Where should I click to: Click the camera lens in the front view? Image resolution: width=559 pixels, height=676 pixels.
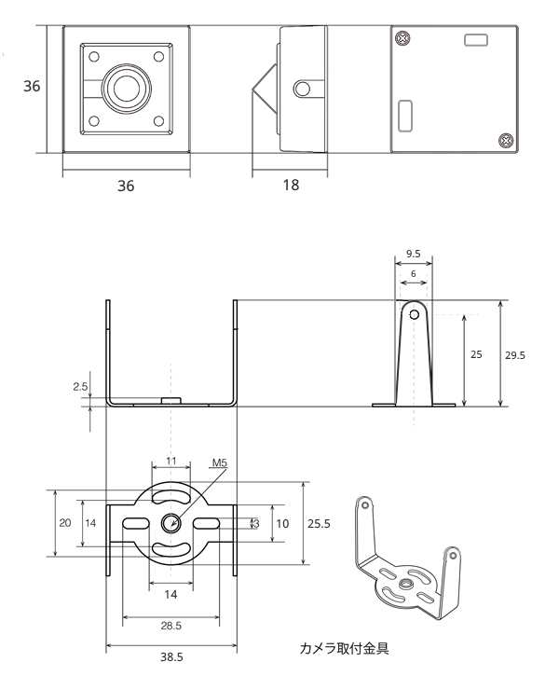click(x=125, y=88)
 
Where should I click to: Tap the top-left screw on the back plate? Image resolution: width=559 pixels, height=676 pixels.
click(x=402, y=38)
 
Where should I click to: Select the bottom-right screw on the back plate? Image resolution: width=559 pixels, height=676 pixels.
click(x=506, y=141)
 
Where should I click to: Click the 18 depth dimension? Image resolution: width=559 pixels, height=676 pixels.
click(x=291, y=185)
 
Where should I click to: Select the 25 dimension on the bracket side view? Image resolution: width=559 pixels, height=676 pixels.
click(x=475, y=354)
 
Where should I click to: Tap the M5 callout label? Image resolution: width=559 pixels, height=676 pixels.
click(x=220, y=462)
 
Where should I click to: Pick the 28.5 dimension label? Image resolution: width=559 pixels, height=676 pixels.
click(x=170, y=624)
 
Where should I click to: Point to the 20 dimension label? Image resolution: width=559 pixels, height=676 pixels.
click(x=65, y=523)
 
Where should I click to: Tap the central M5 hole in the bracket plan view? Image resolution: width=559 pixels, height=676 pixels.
click(x=170, y=523)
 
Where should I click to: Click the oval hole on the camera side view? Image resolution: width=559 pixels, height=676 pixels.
click(x=301, y=89)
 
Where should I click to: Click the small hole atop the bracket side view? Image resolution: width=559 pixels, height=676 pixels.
click(x=411, y=314)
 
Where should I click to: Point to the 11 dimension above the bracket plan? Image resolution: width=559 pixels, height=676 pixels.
click(x=170, y=461)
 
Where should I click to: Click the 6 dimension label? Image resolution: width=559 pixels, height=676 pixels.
click(x=412, y=271)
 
